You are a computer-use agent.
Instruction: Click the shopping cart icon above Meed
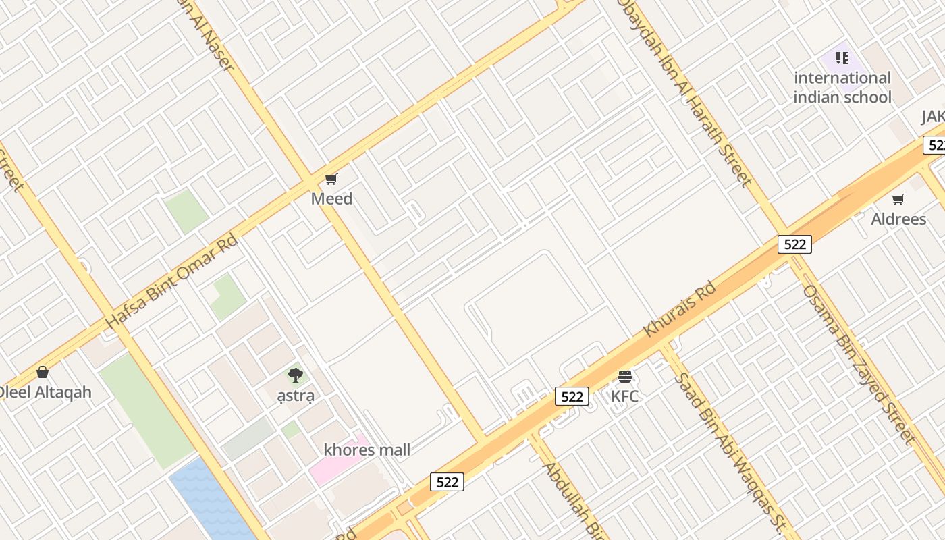(x=331, y=179)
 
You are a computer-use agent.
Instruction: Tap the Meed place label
(x=331, y=199)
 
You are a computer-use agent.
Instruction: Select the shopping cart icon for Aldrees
(x=898, y=199)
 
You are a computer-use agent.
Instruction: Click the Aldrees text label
(x=898, y=219)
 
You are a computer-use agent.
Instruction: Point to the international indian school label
(x=842, y=88)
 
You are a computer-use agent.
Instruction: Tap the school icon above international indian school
(x=842, y=58)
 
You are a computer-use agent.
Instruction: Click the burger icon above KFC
(x=624, y=376)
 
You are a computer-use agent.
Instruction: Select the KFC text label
(x=624, y=396)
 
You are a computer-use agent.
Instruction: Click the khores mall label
(x=367, y=450)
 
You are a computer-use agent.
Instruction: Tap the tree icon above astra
(x=295, y=375)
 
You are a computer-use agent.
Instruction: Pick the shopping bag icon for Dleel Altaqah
(x=43, y=372)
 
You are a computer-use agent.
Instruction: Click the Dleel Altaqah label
(x=45, y=392)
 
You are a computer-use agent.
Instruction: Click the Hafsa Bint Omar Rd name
(x=172, y=281)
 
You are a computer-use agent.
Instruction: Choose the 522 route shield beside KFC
(x=572, y=396)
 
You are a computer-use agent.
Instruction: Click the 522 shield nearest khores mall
(x=447, y=482)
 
